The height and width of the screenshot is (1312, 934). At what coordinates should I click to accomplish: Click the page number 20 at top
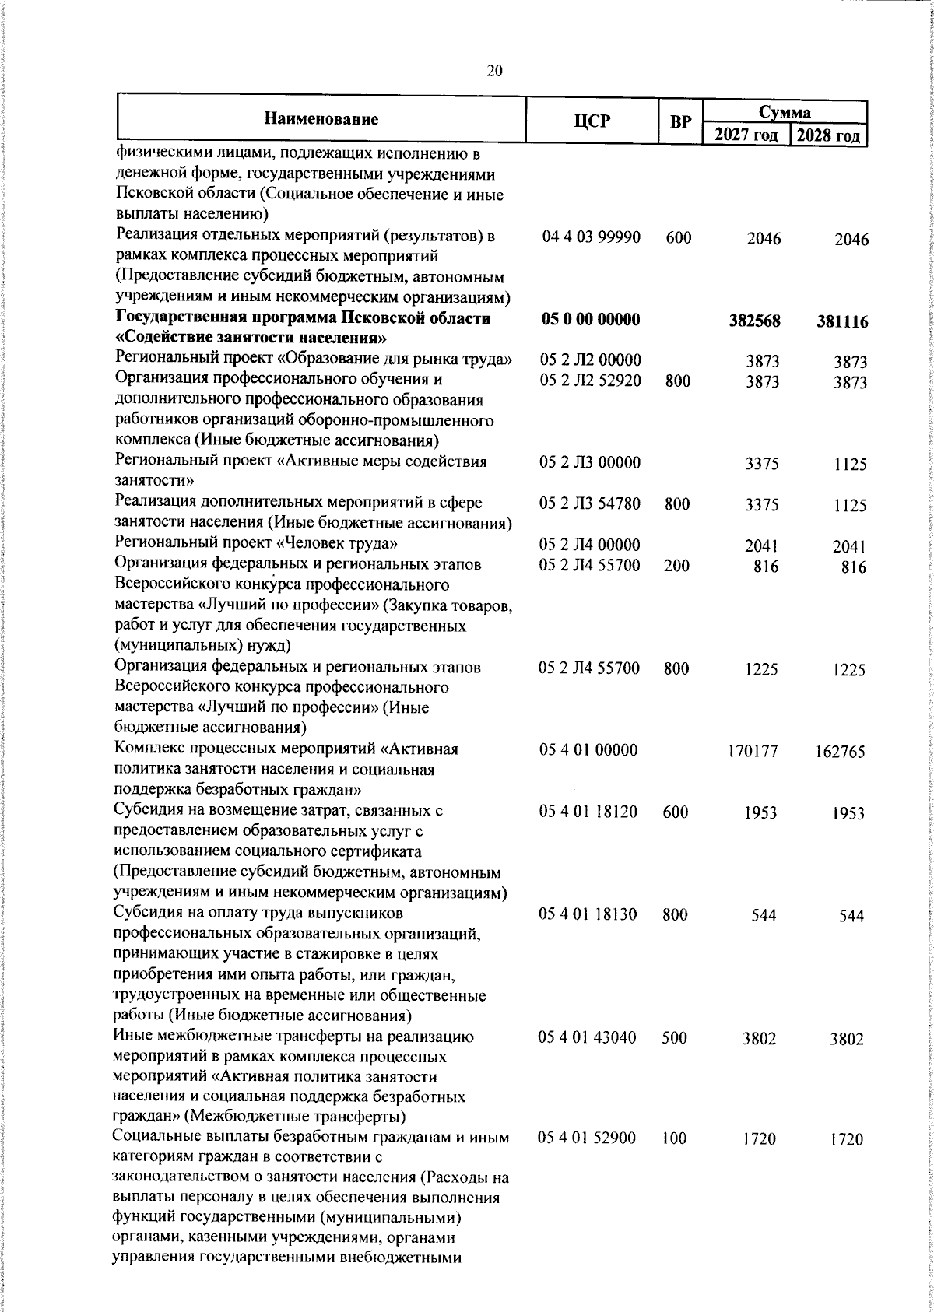point(494,71)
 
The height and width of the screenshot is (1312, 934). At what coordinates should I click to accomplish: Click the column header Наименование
point(321,119)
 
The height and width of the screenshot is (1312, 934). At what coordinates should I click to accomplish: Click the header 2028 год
point(828,135)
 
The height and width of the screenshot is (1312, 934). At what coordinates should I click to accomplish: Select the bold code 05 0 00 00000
point(590,319)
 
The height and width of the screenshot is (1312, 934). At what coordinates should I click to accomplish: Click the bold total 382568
point(754,321)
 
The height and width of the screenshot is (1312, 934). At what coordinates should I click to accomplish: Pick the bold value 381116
point(842,322)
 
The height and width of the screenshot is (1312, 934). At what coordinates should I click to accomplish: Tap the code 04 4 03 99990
point(591,237)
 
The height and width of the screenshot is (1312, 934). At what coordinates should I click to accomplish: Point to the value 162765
point(840,752)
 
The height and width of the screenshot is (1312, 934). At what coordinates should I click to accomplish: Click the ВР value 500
point(675,1037)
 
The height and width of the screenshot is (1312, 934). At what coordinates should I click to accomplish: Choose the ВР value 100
point(675,1138)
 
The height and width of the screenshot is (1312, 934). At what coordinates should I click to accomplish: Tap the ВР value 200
point(676,566)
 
